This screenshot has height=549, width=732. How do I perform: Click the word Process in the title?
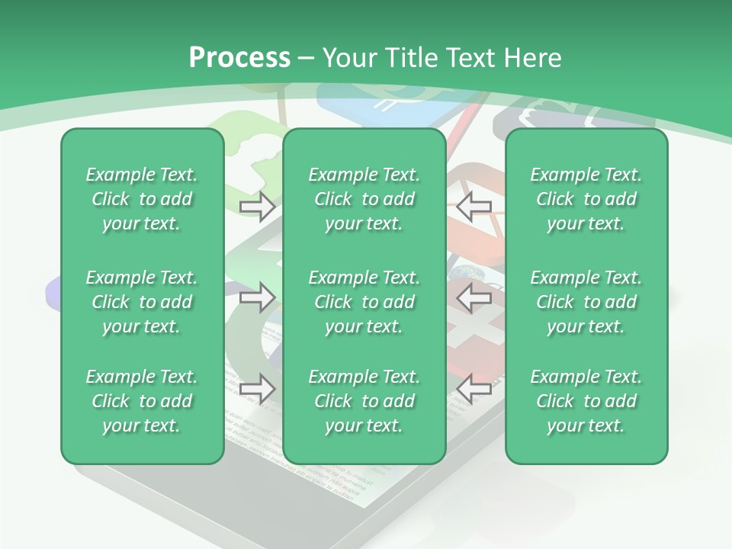[239, 58]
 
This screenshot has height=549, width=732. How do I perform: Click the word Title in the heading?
[410, 58]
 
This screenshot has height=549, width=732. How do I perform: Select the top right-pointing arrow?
[257, 206]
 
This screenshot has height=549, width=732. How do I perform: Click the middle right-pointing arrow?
[257, 297]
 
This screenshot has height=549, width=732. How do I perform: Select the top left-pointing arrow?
[474, 206]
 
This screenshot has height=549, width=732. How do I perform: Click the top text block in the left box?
[142, 199]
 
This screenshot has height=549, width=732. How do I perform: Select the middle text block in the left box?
[142, 302]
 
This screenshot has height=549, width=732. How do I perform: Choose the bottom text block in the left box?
[142, 401]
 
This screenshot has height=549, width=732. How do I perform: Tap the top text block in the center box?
[364, 199]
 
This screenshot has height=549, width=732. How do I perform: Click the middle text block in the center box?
[364, 302]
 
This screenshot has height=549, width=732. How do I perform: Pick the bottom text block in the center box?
[364, 401]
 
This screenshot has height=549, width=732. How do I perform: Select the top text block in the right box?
[586, 199]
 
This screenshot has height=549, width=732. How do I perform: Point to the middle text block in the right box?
[586, 302]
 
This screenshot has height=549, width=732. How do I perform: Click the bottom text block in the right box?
[586, 401]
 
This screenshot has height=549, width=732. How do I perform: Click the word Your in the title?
[348, 58]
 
